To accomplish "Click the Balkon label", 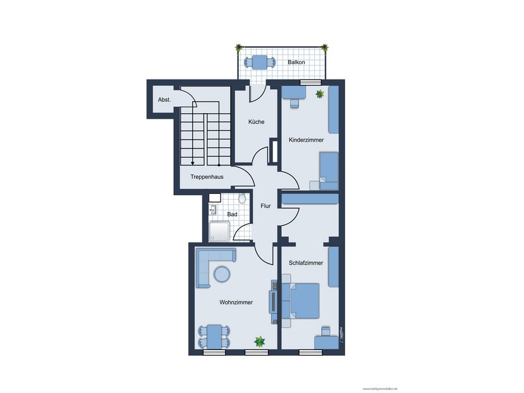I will tap(296, 63).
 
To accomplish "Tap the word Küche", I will tap(256, 122).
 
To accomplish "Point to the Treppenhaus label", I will tap(207, 177).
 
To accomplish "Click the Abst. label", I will tap(164, 100).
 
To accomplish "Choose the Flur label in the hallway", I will tap(265, 205).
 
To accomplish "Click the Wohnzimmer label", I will tap(236, 303).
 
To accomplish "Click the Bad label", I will tap(232, 215).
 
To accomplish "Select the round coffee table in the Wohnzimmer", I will tap(222, 275).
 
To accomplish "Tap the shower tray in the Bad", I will tap(219, 233).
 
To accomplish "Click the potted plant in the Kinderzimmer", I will tap(320, 94).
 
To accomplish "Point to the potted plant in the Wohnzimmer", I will tap(259, 342).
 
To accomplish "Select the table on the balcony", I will tap(259, 62).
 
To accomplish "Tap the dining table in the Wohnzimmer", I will tap(216, 336).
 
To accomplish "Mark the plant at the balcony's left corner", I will tap(239, 47).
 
